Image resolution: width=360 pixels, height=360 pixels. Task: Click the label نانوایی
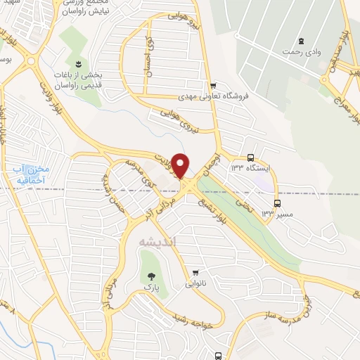point(196,285)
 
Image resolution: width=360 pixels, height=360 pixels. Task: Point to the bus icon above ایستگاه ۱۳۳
point(251,159)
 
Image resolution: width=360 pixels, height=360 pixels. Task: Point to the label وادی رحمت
point(301,53)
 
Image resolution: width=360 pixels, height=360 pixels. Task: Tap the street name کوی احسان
point(148,53)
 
